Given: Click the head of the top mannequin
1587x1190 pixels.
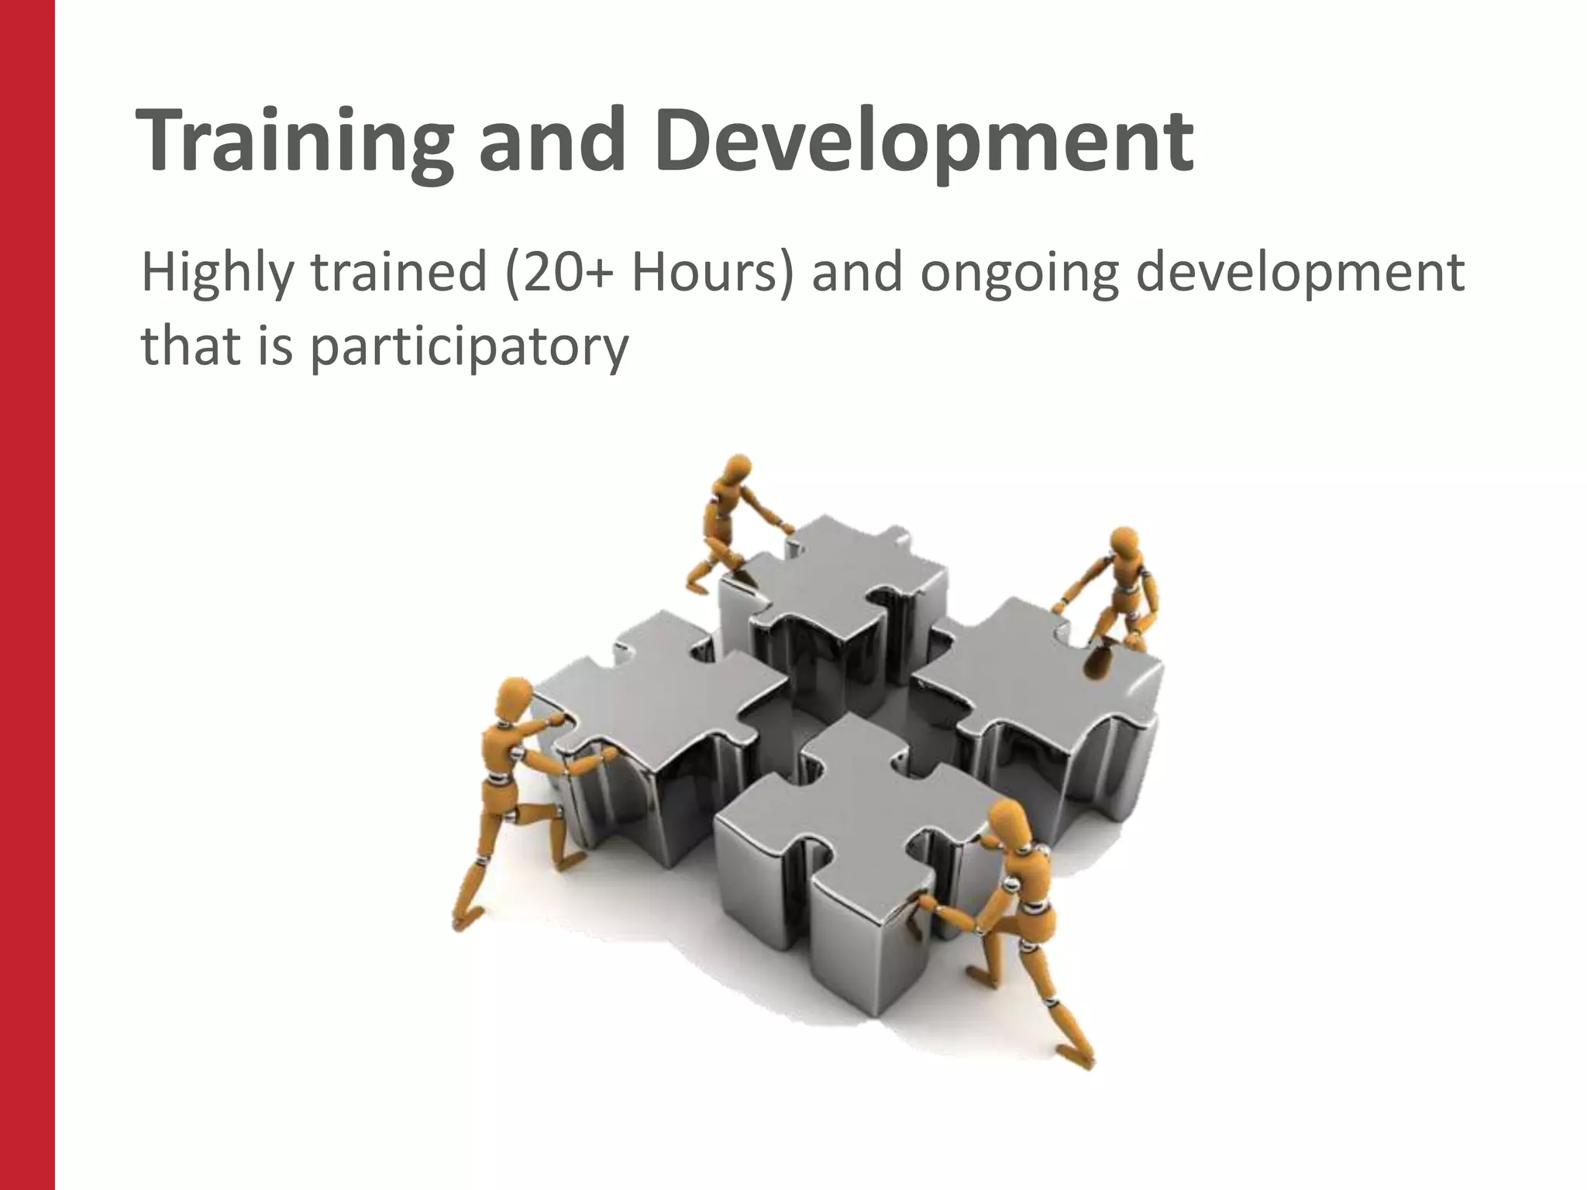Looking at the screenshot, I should click(736, 469).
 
